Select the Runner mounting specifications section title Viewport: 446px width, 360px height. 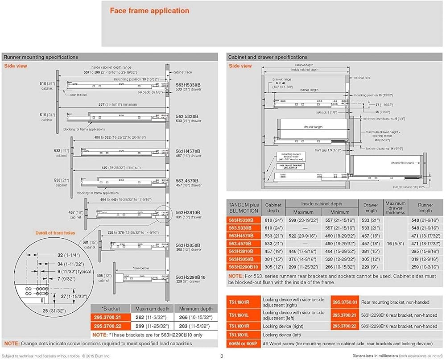pyautogui.click(x=41, y=57)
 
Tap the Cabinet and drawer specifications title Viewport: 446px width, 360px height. pyautogui.click(x=267, y=57)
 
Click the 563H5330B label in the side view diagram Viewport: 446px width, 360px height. pyautogui.click(x=189, y=84)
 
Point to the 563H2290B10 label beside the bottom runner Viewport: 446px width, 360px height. pyautogui.click(x=190, y=277)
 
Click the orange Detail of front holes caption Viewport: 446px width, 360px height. pyautogui.click(x=56, y=233)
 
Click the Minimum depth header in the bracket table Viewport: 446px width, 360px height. pyautogui.click(x=194, y=309)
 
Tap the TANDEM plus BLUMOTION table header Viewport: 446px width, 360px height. pyautogui.click(x=244, y=207)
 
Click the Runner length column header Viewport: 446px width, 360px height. pyautogui.click(x=425, y=207)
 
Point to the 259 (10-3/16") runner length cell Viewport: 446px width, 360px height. pyautogui.click(x=425, y=267)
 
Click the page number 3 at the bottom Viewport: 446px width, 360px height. pyautogui.click(x=222, y=356)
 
